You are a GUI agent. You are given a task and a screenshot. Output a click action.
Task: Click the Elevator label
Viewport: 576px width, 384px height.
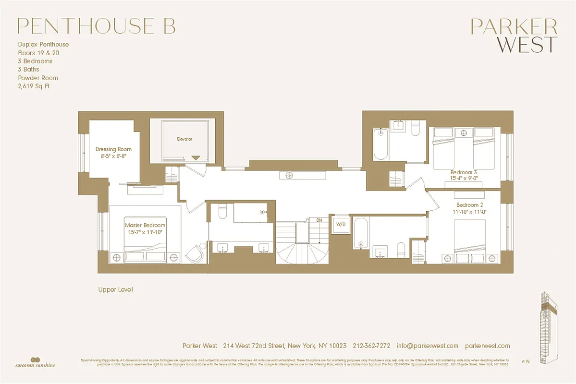184,139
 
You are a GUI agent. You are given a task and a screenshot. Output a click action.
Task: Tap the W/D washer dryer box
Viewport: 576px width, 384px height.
341,224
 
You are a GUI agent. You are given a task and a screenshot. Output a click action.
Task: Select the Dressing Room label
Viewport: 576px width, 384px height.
113,149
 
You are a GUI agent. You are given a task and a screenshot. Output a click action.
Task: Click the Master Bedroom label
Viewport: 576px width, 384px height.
145,225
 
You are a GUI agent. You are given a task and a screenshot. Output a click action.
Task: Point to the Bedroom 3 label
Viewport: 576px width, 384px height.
464,172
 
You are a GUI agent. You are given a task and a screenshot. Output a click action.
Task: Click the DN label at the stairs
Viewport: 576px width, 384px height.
319,220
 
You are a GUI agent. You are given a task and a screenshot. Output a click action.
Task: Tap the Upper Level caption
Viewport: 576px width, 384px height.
115,289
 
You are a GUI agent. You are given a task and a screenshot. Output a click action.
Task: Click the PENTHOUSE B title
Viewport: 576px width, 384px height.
96,26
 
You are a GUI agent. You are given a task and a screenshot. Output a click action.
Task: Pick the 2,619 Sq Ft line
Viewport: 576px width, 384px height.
34,86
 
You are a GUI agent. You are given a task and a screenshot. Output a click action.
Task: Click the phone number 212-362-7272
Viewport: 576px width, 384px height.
371,346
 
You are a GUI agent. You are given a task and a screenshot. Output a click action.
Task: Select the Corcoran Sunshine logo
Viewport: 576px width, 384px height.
34,361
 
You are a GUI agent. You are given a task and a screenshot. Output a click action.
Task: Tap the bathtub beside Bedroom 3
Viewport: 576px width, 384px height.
380,144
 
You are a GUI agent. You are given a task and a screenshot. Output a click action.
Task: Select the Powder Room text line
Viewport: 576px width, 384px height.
38,78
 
